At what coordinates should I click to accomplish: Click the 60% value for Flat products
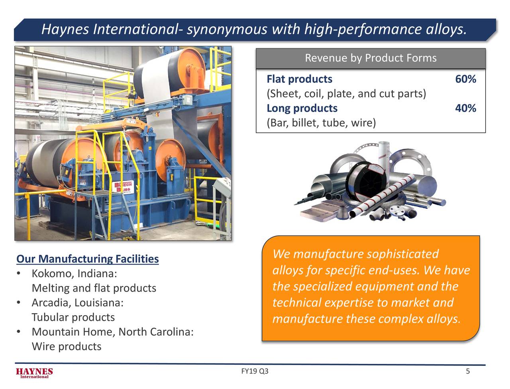[465, 79]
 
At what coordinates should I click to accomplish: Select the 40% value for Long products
[465, 109]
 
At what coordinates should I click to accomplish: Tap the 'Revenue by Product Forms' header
[371, 58]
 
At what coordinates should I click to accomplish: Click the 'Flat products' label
[299, 79]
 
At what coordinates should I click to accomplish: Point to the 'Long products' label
[302, 109]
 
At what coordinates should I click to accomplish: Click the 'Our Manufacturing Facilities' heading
[87, 259]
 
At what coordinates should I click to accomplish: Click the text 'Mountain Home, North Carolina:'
[113, 332]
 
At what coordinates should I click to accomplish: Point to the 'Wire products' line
[66, 346]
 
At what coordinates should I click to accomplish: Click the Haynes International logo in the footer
[34, 373]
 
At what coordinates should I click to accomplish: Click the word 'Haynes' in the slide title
[65, 29]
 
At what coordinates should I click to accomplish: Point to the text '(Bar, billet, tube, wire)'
[321, 123]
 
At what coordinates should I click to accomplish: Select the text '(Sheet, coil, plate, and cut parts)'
[346, 94]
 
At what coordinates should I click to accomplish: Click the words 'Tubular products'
[73, 318]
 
